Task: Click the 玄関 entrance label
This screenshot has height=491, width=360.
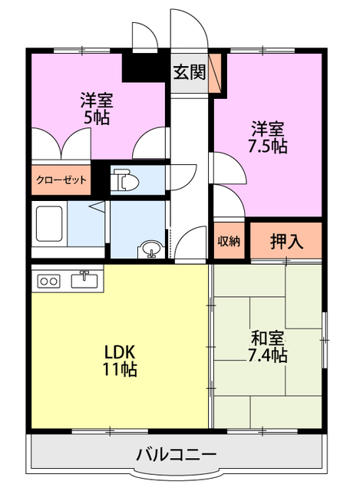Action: pos(190,72)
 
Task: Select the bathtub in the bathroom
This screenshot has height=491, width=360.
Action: pos(49,223)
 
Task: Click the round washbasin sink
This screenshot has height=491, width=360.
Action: pos(151,249)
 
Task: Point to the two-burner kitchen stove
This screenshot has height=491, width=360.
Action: pos(48,281)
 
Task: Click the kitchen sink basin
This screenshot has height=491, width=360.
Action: pos(84,279)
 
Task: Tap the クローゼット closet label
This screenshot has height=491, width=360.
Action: pos(61,180)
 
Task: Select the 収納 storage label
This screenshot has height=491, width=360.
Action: pos(229,241)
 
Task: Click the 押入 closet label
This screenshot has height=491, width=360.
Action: pos(286,241)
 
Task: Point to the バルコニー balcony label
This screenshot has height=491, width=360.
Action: pos(177,454)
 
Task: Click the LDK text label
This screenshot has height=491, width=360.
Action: pos(120,352)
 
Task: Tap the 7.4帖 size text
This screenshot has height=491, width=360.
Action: pos(268,355)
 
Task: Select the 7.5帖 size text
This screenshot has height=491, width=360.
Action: pos(268,146)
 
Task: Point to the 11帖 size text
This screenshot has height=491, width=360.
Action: pos(120,370)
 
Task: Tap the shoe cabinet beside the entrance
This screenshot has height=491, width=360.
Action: pos(215,73)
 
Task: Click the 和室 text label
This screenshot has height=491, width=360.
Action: pos(268,338)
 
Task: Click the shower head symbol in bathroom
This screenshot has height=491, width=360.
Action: pos(97,206)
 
